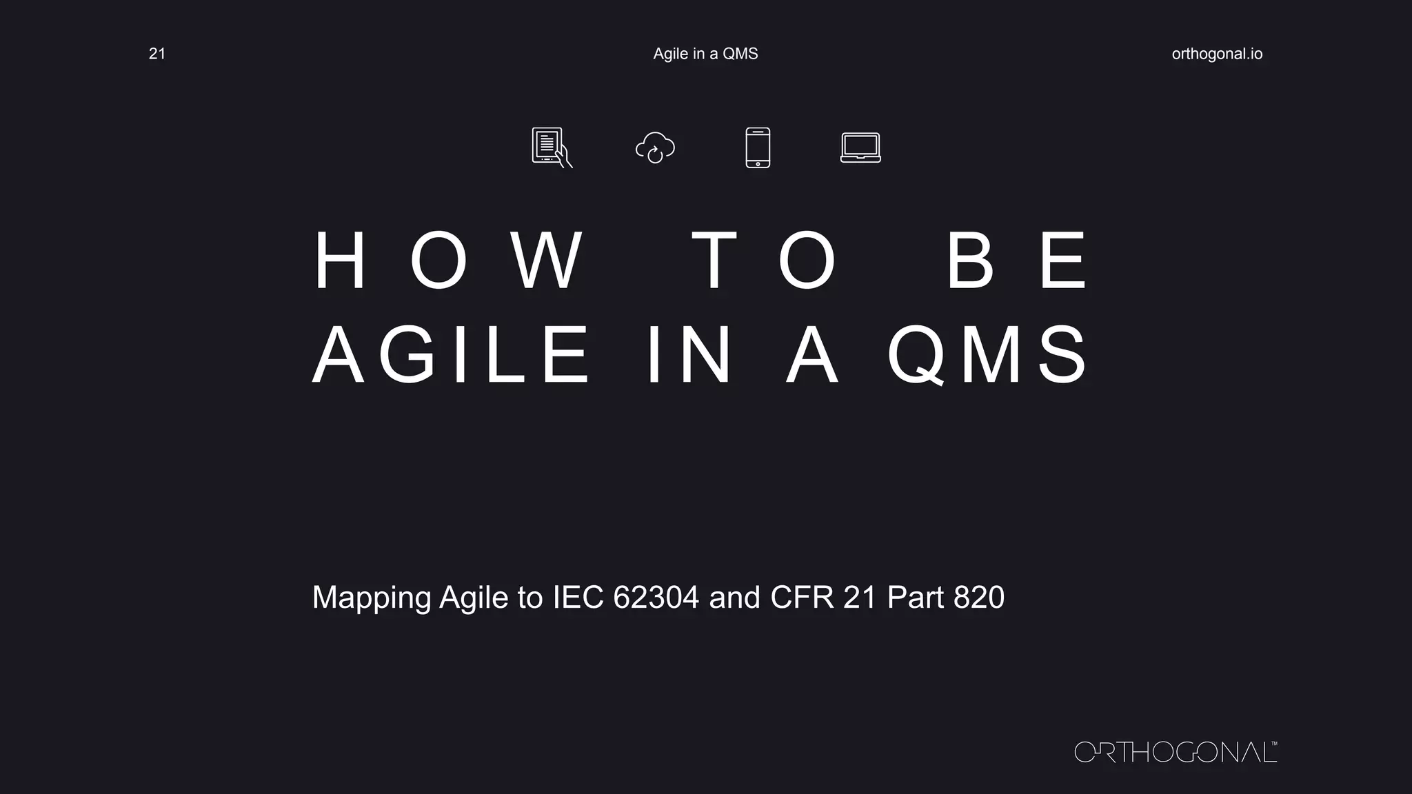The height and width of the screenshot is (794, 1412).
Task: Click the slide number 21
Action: click(157, 54)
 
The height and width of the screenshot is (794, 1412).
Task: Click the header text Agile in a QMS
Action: click(705, 54)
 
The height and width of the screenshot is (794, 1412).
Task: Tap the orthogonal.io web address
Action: click(1217, 54)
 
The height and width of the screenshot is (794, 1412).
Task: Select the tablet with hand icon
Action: click(551, 147)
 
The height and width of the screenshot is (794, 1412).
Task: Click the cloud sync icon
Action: click(655, 147)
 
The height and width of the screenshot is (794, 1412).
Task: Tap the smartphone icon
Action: click(758, 147)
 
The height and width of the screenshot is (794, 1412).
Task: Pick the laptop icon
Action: click(860, 147)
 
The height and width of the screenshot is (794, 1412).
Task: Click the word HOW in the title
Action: click(449, 261)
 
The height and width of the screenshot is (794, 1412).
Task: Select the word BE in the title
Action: click(1017, 261)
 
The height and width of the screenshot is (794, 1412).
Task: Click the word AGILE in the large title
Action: click(452, 356)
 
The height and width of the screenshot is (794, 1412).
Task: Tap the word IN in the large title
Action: click(689, 356)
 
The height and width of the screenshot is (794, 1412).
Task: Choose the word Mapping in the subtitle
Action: click(371, 598)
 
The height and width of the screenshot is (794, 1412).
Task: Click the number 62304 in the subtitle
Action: click(656, 597)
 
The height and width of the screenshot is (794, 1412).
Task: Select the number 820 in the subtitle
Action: click(979, 597)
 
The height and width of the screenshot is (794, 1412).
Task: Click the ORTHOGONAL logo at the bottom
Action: click(1176, 752)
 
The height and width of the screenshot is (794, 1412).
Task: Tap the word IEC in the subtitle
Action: click(578, 597)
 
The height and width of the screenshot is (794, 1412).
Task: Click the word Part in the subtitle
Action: click(915, 597)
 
